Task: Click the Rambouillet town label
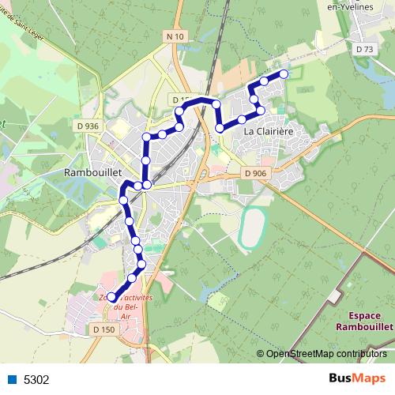pos(92,171)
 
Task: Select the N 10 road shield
pos(175,36)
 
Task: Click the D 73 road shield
pos(364,49)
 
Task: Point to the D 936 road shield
pos(88,126)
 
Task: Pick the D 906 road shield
pos(255,174)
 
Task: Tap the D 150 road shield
pos(103,329)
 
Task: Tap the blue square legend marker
pos(10,378)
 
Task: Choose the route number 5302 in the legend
pos(36,379)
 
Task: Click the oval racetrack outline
pos(253,228)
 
